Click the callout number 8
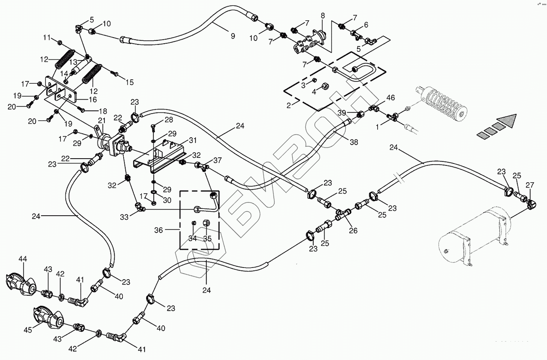[323, 15]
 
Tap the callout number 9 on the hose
[233, 36]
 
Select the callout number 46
[391, 98]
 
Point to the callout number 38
[354, 142]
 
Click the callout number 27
[530, 185]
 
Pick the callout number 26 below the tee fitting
[353, 231]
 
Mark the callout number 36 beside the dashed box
[159, 230]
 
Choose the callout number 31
[193, 140]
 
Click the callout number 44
[23, 259]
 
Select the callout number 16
[92, 100]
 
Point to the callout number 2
[289, 106]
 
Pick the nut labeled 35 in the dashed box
[206, 223]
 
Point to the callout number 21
[102, 120]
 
